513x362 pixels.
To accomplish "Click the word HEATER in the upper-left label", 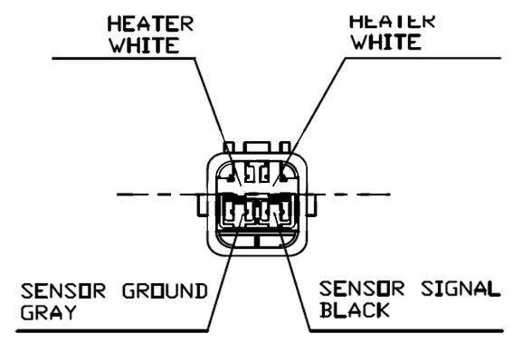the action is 150,24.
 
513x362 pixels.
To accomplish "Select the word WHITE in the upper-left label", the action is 144,45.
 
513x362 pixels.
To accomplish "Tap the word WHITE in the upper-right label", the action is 385,43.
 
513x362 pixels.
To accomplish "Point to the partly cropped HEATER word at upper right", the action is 393,22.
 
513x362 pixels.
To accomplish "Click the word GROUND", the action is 165,291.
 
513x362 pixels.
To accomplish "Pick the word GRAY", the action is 49,312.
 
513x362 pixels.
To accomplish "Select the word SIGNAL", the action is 461,289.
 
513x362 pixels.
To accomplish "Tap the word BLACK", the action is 355,310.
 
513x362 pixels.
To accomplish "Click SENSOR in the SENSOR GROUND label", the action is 63,291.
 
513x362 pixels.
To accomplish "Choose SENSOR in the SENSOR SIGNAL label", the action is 362,289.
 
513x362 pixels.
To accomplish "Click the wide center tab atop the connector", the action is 257,147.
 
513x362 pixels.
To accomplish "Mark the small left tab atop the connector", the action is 229,147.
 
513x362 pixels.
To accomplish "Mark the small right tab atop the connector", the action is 285,147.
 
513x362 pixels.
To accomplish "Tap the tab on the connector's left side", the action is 203,205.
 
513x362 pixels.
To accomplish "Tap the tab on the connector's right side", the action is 311,205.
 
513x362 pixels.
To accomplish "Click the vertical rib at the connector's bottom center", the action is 257,241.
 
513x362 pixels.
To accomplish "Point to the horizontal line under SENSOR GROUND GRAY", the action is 111,331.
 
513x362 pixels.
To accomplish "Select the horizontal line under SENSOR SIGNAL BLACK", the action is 406,331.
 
